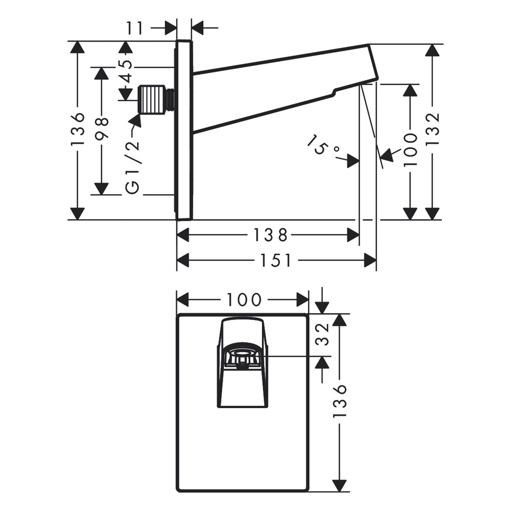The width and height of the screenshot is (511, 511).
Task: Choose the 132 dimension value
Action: (x=433, y=129)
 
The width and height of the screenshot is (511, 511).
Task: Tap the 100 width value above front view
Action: (x=244, y=300)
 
